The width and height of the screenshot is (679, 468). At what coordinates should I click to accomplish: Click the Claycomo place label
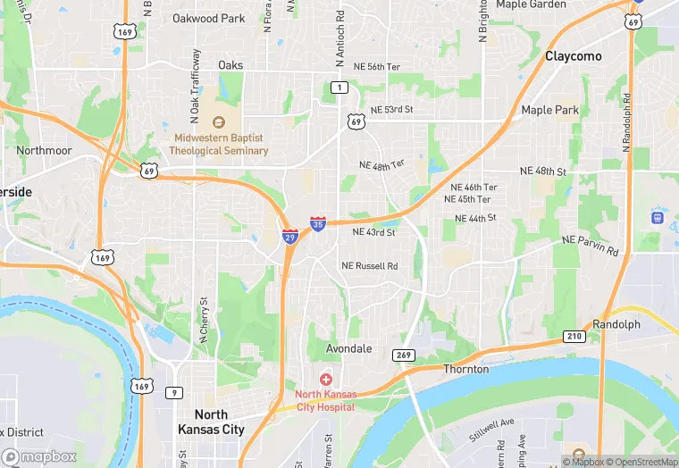tap(574, 56)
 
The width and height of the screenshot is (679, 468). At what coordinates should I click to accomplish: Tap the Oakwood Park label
tap(208, 18)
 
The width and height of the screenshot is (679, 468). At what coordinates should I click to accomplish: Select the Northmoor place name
tap(44, 151)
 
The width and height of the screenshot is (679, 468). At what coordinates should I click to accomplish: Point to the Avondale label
tap(348, 348)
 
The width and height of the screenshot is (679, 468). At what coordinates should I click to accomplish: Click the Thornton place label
tap(466, 369)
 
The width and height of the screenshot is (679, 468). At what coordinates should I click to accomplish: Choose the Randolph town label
tap(616, 324)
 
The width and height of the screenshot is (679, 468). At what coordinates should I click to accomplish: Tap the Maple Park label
tap(549, 111)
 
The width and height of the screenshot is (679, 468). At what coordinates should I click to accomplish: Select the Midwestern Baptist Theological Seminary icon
tap(219, 121)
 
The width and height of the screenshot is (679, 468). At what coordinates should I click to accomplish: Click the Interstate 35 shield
tap(318, 223)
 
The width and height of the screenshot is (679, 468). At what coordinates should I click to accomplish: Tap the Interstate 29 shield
tap(290, 237)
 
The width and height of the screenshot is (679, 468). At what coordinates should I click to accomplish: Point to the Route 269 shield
tap(404, 355)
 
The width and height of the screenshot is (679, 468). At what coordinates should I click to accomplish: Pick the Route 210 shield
tap(574, 337)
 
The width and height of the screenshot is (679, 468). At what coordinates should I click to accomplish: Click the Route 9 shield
tap(174, 392)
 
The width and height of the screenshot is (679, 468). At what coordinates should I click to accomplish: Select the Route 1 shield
tap(339, 87)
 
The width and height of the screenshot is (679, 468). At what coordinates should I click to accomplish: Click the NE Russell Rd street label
tap(369, 266)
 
